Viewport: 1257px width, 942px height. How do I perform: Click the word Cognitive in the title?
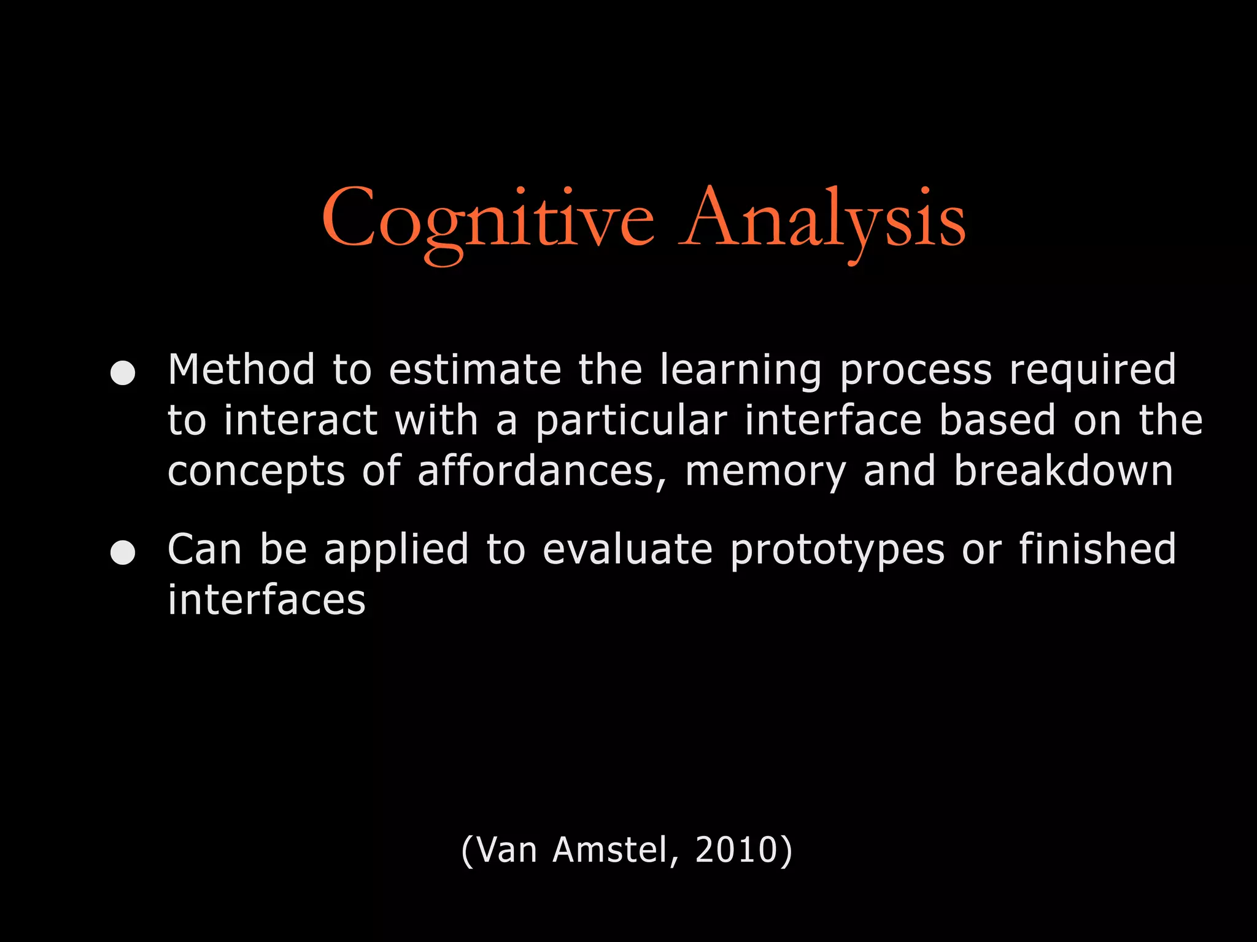[x=488, y=220]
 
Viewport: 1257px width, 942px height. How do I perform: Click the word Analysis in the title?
[x=822, y=220]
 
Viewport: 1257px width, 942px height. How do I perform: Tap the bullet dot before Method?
[x=123, y=372]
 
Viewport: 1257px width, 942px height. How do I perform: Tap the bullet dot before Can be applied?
[x=123, y=552]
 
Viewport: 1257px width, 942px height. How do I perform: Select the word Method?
[x=241, y=370]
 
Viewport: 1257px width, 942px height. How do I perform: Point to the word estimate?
[x=475, y=370]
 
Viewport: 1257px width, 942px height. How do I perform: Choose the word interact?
[x=300, y=421]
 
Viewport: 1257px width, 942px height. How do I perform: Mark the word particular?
[x=631, y=422]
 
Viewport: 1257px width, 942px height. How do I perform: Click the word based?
[x=997, y=421]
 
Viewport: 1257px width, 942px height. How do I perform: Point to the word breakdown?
[x=1063, y=471]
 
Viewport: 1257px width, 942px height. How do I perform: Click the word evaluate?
[x=627, y=549]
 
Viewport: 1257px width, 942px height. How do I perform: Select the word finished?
[x=1097, y=549]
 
